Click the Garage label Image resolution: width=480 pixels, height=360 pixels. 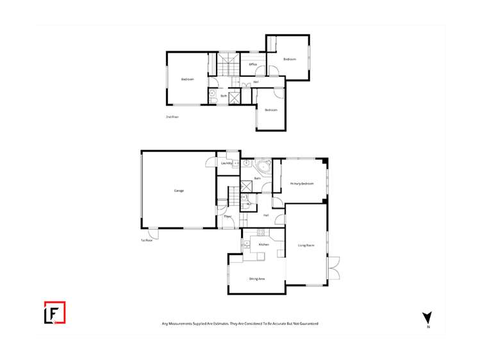(179, 191)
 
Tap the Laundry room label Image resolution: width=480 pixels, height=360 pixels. (226, 163)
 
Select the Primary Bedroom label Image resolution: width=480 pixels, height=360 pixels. (302, 184)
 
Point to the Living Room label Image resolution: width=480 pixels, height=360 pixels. (306, 245)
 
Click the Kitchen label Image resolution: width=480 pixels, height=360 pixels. (263, 245)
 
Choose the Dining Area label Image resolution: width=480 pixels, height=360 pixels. (257, 279)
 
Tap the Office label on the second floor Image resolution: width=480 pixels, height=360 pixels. (252, 65)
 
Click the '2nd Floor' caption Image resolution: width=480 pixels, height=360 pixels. (172, 117)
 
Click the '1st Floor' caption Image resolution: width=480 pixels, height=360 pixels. (147, 240)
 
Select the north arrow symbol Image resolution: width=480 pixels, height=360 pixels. (427, 317)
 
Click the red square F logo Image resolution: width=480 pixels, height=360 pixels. (54, 313)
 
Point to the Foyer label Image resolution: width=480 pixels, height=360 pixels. (228, 217)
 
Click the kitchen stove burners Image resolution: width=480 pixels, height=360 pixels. (246, 244)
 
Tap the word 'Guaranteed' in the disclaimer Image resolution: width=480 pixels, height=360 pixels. (306, 324)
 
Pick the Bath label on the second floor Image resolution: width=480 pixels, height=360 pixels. (224, 96)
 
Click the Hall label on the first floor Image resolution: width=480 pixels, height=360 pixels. (265, 215)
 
